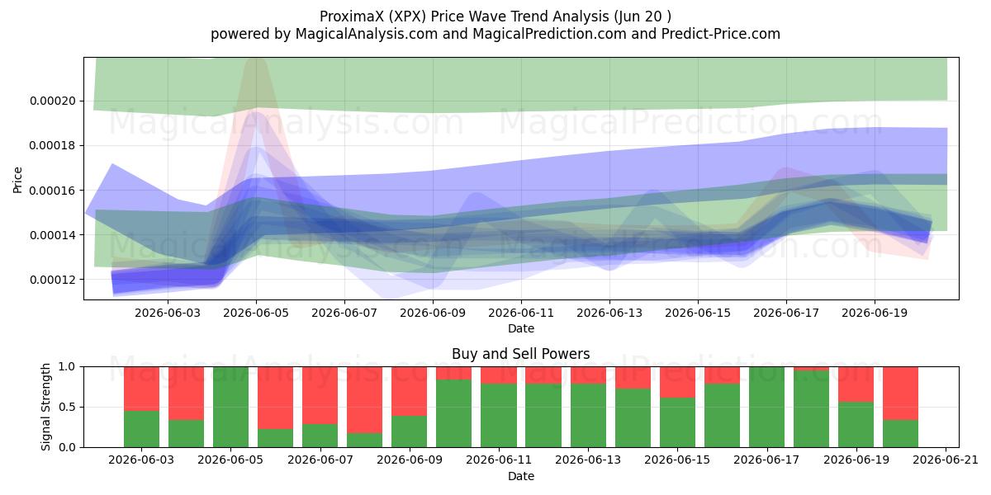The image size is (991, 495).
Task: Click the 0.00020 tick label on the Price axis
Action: coord(53,101)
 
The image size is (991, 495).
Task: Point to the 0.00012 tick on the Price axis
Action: coord(53,280)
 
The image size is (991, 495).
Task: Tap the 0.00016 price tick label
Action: coord(53,191)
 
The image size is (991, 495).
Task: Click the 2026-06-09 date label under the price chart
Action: coord(433,313)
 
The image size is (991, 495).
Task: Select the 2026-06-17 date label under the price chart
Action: coord(786,313)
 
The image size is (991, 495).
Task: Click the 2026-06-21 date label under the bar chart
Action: coord(946,460)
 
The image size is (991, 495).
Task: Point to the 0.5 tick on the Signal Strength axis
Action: coord(67,407)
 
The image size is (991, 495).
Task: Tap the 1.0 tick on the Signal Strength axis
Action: coord(67,367)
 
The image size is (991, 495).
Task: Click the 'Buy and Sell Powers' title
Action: coord(521,354)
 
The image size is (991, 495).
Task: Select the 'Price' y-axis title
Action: coord(17,180)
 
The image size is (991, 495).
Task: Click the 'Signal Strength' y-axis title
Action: coord(45,407)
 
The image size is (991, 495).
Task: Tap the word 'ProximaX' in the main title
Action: coord(352,16)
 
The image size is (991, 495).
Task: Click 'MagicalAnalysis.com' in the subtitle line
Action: coord(367,34)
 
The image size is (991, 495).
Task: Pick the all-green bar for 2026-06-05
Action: coord(231,407)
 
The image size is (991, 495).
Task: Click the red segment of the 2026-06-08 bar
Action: coord(364,400)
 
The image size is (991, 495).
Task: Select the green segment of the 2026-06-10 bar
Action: coord(454,413)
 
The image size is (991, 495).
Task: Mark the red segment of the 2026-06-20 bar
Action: coord(901,394)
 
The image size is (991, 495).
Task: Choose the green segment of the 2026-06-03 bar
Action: coord(141,429)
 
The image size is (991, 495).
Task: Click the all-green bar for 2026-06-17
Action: coord(766,407)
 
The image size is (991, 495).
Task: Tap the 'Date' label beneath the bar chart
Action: coord(521,476)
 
